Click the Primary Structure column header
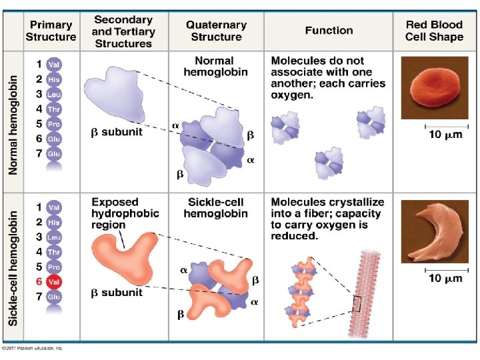point(51,31)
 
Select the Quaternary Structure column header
point(216,31)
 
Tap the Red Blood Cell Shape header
point(434,31)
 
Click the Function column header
point(329,31)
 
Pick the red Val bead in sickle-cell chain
point(54,282)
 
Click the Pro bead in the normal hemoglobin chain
point(54,124)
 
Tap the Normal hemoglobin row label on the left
point(14,125)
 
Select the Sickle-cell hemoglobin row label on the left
point(14,267)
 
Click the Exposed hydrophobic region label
point(125,213)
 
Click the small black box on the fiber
point(357,304)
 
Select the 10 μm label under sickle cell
point(443,278)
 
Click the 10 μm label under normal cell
point(443,135)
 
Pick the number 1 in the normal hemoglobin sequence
point(40,65)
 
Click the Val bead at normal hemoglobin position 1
point(54,65)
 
